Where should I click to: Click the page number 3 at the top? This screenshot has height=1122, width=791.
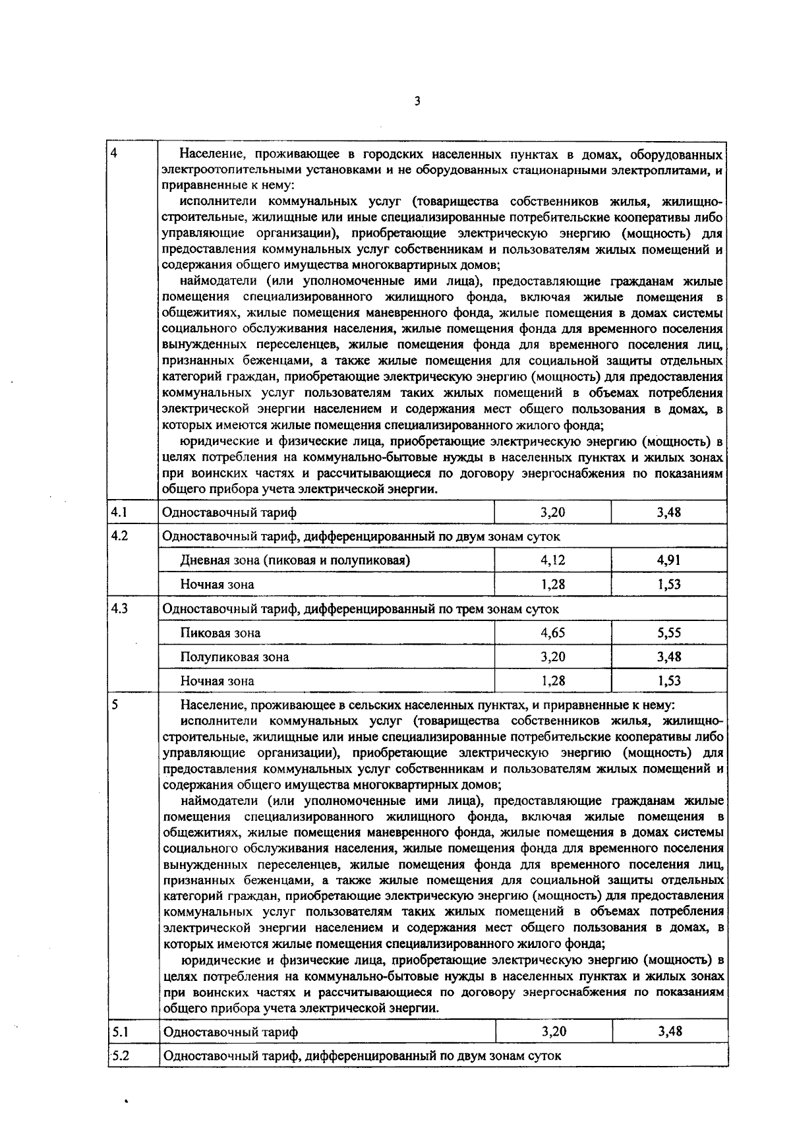(x=417, y=101)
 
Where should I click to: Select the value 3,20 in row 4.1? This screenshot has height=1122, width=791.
(x=553, y=512)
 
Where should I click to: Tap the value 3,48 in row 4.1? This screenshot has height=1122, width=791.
(x=669, y=512)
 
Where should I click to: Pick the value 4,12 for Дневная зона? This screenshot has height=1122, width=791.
(x=553, y=560)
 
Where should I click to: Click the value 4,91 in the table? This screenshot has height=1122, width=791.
(x=669, y=560)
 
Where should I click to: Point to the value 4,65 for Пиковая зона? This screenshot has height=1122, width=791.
(x=553, y=633)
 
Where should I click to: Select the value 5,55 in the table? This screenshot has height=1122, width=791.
(x=669, y=633)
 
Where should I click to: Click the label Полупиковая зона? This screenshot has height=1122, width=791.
(x=235, y=657)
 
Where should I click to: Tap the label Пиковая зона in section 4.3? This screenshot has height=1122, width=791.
(x=220, y=633)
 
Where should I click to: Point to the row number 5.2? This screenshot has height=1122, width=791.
(x=119, y=1055)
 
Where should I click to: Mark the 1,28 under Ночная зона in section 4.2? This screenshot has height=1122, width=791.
(x=553, y=584)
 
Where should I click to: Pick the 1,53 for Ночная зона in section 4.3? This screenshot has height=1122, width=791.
(x=669, y=680)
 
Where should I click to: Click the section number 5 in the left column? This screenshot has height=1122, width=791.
(x=115, y=704)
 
